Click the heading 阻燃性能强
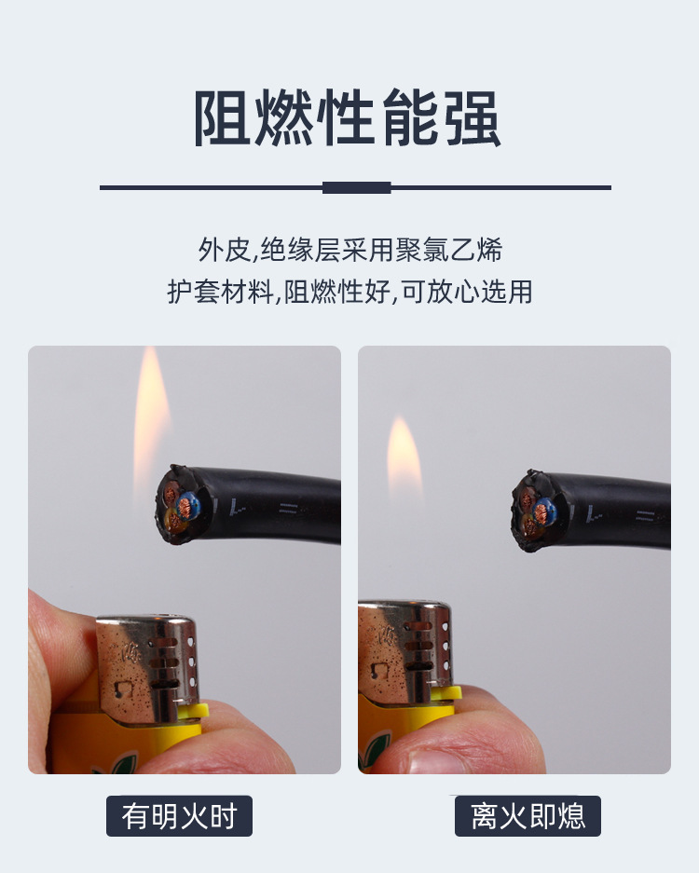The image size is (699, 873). [x=348, y=120]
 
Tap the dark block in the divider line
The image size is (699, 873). [x=356, y=187]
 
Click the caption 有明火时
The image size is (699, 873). [x=179, y=816]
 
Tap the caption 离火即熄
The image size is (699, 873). [x=528, y=816]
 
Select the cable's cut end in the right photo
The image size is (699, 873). [x=534, y=511]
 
